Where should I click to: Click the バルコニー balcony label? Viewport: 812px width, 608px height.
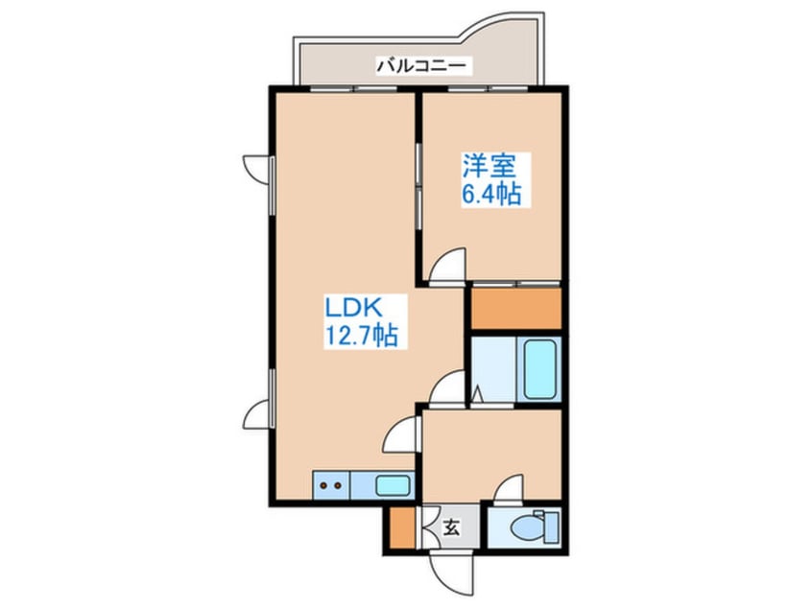pos(421,66)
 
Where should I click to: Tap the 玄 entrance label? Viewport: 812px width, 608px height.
pos(450,526)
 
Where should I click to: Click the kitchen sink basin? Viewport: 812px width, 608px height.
pos(393,485)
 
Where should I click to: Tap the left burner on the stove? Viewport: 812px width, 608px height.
pos(323,485)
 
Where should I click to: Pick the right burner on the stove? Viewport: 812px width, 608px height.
pos(338,485)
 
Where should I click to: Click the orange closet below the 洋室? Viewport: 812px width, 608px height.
pos(515,308)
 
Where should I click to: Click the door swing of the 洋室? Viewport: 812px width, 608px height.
pos(447,266)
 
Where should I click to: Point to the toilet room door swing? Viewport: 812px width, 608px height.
pos(510,489)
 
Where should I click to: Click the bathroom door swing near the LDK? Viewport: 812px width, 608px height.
pos(447,388)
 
